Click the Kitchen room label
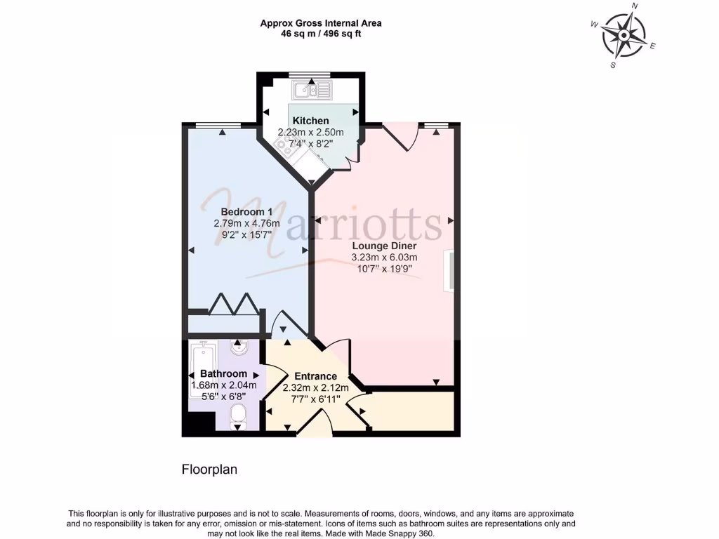tap(310, 121)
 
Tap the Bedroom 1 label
tap(246, 212)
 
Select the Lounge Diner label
tap(384, 246)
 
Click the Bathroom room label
tap(223, 373)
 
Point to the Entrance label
tap(315, 376)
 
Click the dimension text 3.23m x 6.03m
tap(384, 258)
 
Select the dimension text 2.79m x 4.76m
tap(246, 223)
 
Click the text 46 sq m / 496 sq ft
tap(321, 33)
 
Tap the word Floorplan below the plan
tap(209, 470)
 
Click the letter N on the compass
tap(635, 6)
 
